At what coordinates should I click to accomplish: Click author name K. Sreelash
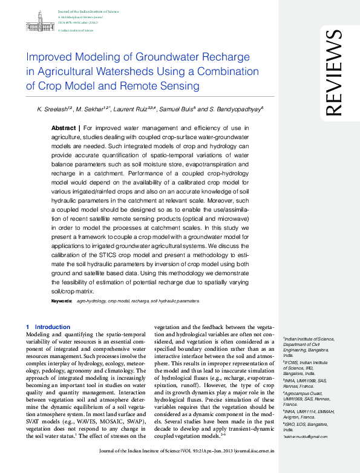(x=50, y=109)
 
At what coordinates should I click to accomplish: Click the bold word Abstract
(x=63, y=129)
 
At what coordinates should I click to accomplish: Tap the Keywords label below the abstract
(x=62, y=301)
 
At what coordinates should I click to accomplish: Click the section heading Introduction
(x=52, y=327)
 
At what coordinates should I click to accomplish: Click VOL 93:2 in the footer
(x=202, y=468)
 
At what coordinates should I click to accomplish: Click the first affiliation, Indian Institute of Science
(x=309, y=340)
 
